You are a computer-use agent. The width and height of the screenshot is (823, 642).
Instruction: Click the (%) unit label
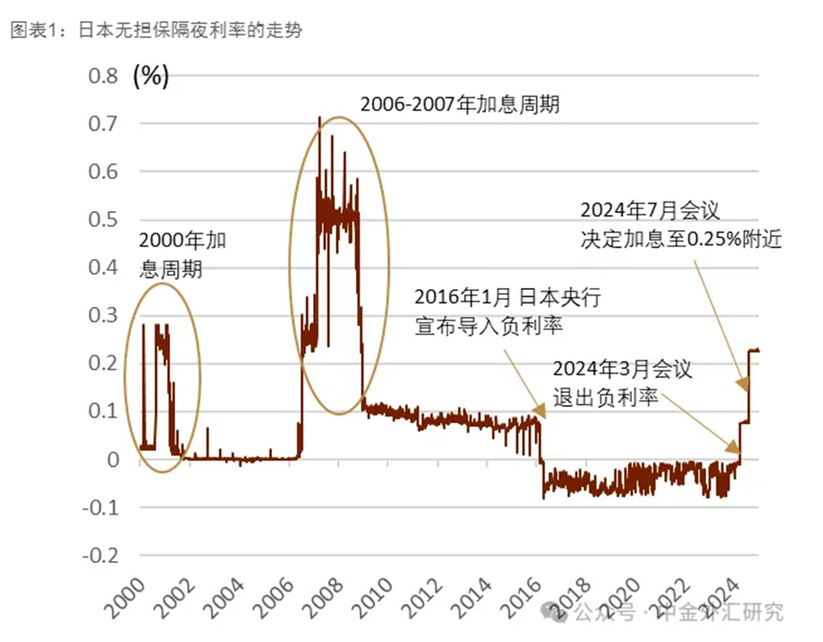coord(150,76)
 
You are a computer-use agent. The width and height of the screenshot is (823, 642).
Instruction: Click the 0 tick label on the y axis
coord(112,459)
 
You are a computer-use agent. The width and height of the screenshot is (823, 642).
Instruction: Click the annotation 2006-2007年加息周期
coord(460,104)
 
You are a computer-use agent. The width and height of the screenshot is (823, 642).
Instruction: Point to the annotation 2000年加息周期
coord(182,254)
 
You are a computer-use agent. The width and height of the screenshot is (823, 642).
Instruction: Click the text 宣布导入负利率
coord(489,327)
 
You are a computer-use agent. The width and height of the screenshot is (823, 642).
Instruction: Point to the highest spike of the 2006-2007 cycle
coord(319,118)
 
